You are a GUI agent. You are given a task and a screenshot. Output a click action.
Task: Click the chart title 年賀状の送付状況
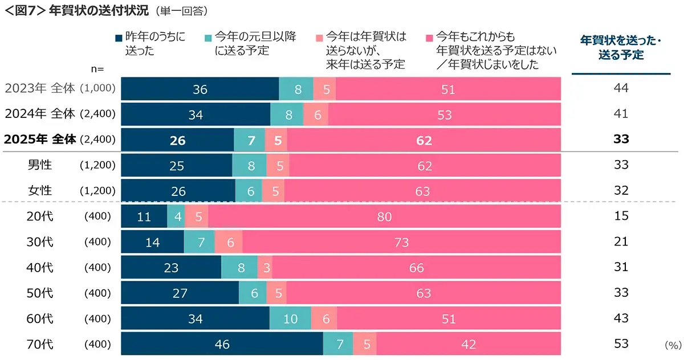108,10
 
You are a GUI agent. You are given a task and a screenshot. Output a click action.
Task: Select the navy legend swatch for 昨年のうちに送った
119,38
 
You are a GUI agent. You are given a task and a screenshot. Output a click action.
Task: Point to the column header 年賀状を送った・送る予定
621,48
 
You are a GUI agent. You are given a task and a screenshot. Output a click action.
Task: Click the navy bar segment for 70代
222,344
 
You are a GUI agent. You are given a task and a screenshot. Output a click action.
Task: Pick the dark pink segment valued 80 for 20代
385,216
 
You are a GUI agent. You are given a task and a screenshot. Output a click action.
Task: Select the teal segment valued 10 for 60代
290,319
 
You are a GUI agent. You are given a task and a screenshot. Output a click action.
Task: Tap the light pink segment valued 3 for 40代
264,268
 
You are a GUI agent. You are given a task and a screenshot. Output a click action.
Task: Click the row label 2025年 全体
40,140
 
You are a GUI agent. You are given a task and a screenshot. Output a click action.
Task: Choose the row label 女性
40,191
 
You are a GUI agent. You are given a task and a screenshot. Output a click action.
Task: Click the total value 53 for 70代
621,344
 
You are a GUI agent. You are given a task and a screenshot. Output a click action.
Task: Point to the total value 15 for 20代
621,216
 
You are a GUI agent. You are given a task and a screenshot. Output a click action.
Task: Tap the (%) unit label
673,346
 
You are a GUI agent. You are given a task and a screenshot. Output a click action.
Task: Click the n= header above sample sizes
97,68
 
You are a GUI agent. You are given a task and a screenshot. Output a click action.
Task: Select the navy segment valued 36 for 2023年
200,89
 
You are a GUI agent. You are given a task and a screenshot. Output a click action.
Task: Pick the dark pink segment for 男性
425,165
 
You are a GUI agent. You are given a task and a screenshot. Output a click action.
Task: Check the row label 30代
40,242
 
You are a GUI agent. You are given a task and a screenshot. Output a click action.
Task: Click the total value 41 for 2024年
621,114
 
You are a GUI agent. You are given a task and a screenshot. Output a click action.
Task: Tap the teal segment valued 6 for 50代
253,293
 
